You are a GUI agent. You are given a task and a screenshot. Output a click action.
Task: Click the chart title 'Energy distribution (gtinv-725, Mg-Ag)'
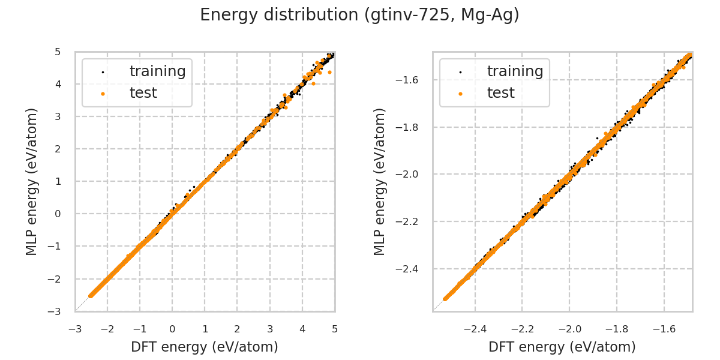click(359, 15)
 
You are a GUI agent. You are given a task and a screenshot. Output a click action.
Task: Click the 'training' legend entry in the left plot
click(157, 71)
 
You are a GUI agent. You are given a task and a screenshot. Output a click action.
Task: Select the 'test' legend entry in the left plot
click(143, 93)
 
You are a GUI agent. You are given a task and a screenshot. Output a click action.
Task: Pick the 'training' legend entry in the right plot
click(515, 71)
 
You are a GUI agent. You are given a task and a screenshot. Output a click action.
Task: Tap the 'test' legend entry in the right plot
click(500, 93)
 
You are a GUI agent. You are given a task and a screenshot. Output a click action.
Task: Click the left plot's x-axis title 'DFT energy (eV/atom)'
click(205, 347)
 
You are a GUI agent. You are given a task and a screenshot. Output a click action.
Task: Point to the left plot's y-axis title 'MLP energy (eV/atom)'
click(32, 181)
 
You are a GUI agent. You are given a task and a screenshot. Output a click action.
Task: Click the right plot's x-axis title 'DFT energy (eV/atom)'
click(562, 347)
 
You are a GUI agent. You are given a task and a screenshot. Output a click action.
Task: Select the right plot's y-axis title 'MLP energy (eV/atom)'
click(380, 181)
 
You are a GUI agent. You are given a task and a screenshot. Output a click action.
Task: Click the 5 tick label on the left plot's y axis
click(57, 52)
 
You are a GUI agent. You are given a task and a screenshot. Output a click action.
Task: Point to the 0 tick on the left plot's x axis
click(172, 329)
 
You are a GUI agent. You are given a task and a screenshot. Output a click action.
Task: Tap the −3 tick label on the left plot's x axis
click(74, 329)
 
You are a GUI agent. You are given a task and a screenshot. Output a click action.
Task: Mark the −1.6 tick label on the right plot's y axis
click(410, 80)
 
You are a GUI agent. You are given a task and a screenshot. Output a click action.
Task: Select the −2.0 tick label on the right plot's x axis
click(569, 329)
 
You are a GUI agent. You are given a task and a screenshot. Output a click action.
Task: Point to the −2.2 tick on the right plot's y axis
click(410, 222)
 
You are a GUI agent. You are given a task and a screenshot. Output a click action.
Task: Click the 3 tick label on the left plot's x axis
click(270, 329)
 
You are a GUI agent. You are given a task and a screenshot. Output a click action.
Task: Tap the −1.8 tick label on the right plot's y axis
click(410, 127)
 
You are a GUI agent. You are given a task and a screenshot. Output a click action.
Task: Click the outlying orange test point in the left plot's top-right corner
click(329, 72)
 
